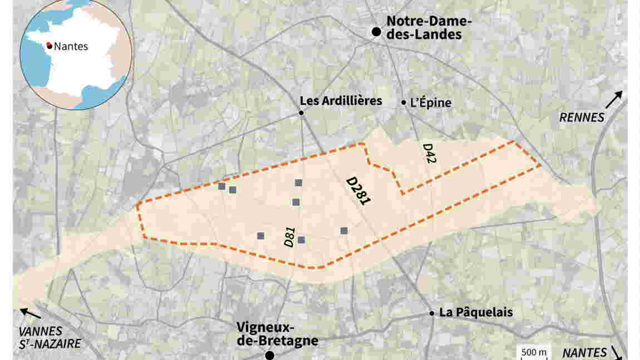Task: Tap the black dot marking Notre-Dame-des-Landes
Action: pyautogui.click(x=377, y=32)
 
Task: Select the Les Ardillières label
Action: pyautogui.click(x=341, y=101)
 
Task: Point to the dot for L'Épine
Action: pyautogui.click(x=404, y=102)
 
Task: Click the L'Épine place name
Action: pyautogui.click(x=430, y=102)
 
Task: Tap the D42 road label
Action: pyautogui.click(x=429, y=154)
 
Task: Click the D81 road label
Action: pyautogui.click(x=289, y=236)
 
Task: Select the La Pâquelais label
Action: pyautogui.click(x=476, y=312)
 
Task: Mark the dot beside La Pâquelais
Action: pyautogui.click(x=432, y=313)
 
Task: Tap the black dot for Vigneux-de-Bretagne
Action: pyautogui.click(x=270, y=355)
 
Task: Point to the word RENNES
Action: pyautogui.click(x=582, y=117)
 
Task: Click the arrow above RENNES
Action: pyautogui.click(x=614, y=100)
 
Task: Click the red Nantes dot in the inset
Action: pyautogui.click(x=50, y=46)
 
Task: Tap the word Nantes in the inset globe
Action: pyautogui.click(x=71, y=47)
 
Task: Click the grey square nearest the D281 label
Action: pyautogui.click(x=344, y=230)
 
